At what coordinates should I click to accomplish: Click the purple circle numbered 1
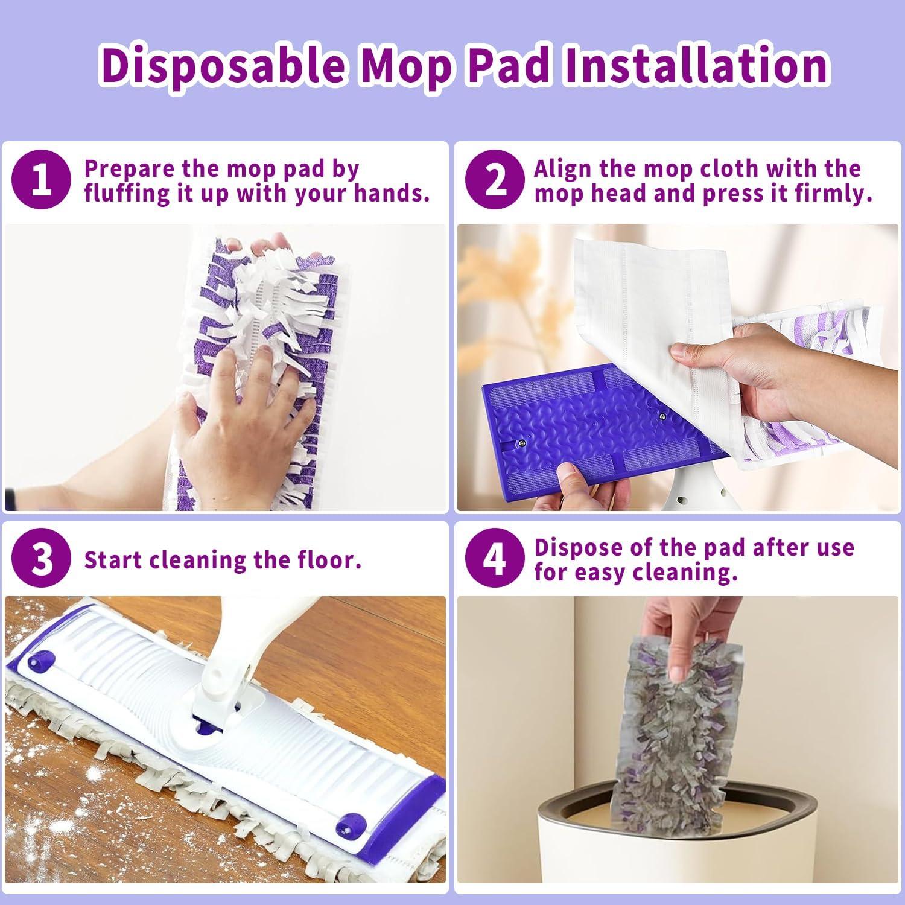pyautogui.click(x=41, y=180)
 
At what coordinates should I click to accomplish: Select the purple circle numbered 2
pyautogui.click(x=495, y=180)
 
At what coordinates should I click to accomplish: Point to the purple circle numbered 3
pyautogui.click(x=41, y=559)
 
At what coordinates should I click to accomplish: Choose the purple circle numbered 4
pyautogui.click(x=495, y=559)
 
